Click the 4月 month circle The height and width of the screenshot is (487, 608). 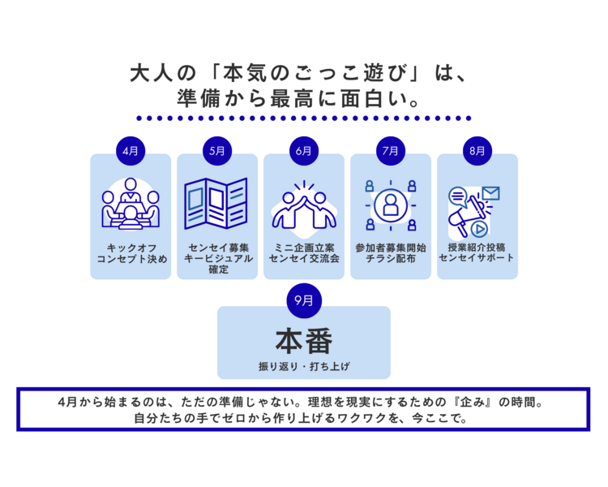pos(131,151)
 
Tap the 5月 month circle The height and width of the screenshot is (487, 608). pos(217,151)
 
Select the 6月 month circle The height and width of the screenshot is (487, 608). pos(304,151)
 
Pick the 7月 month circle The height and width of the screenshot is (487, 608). pos(391,151)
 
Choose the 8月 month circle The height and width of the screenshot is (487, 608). pos(477,151)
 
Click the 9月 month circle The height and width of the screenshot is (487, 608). pos(304,300)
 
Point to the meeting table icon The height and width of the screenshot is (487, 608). pos(131,205)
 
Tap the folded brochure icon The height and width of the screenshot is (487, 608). pos(216,205)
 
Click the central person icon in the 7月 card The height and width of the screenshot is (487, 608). pos(391,205)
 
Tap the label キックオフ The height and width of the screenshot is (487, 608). pos(131,247)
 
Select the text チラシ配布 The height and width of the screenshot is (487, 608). pos(391,258)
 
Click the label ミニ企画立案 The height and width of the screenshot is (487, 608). pos(304,247)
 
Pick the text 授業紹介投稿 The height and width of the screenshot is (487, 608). pos(477,247)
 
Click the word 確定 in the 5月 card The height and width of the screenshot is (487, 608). pos(217,269)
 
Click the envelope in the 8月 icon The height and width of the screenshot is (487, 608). pos(490,193)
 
